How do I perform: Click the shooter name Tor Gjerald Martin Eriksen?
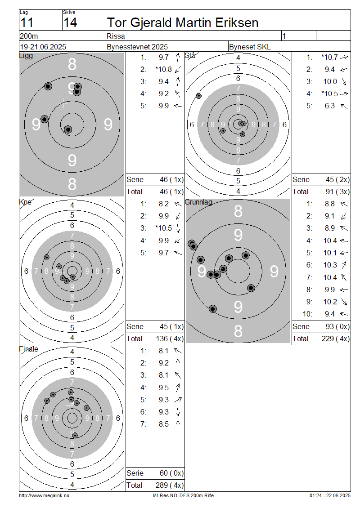[183, 22]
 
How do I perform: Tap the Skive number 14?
[70, 22]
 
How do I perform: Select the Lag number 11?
[27, 22]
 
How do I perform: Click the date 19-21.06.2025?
[43, 47]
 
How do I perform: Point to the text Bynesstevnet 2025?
[137, 47]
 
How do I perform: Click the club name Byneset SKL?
[250, 47]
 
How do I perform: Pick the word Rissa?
[116, 36]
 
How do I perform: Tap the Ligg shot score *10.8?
[163, 69]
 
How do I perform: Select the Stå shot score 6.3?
[329, 106]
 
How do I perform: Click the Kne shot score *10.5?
[163, 228]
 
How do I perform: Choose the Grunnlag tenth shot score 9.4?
[329, 314]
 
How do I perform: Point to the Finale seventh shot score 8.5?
[163, 424]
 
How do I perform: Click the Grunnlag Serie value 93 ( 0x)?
[337, 326]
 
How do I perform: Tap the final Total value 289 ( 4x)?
[170, 485]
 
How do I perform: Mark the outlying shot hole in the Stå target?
[199, 96]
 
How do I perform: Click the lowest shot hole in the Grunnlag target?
[213, 309]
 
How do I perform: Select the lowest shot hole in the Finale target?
[75, 435]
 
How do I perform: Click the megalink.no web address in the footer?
[44, 495]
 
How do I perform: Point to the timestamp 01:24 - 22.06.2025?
[330, 495]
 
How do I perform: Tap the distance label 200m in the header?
[29, 36]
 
